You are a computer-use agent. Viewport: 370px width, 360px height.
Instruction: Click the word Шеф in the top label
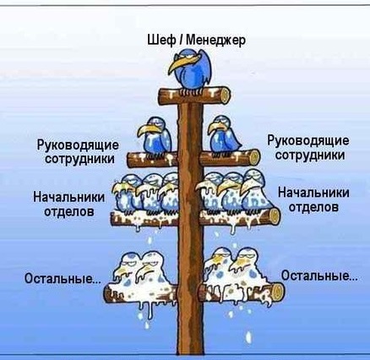click(x=161, y=40)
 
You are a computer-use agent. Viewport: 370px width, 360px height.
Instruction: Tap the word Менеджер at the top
click(x=215, y=40)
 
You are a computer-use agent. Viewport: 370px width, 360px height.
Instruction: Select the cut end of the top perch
click(x=226, y=95)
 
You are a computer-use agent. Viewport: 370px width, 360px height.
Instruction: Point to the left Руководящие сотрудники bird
click(x=155, y=136)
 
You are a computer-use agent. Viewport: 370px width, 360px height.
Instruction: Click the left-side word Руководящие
click(x=78, y=146)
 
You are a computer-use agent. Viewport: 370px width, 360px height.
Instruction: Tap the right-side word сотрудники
click(x=309, y=155)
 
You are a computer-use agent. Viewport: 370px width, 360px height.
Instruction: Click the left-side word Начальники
click(x=68, y=197)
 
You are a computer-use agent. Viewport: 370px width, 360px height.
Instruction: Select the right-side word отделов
click(x=313, y=207)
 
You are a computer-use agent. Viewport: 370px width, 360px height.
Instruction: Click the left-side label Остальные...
click(x=63, y=278)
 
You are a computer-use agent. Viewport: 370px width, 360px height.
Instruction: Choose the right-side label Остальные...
click(x=319, y=275)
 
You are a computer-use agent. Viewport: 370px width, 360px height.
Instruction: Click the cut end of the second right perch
click(x=254, y=157)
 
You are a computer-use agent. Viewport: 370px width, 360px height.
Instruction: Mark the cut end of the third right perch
click(x=275, y=216)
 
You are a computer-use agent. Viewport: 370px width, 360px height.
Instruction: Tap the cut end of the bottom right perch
click(x=279, y=291)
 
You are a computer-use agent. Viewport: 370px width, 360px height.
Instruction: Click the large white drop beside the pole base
click(x=248, y=337)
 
